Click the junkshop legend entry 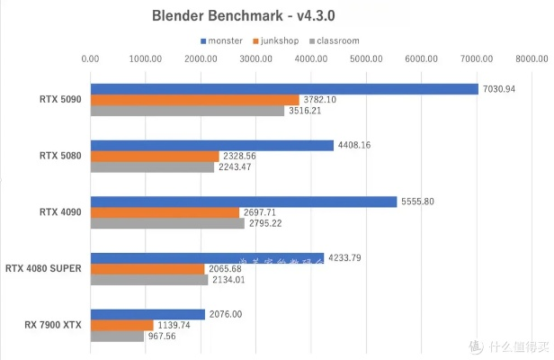click(281, 40)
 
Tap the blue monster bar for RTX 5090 click(284, 88)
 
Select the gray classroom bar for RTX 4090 click(167, 223)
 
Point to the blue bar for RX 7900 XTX click(147, 313)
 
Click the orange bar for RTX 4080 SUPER click(147, 268)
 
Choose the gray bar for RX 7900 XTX click(117, 337)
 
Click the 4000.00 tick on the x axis click(311, 59)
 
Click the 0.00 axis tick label click(90, 59)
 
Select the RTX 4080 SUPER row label click(44, 267)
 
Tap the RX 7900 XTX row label click(52, 324)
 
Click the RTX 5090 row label click(60, 99)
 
